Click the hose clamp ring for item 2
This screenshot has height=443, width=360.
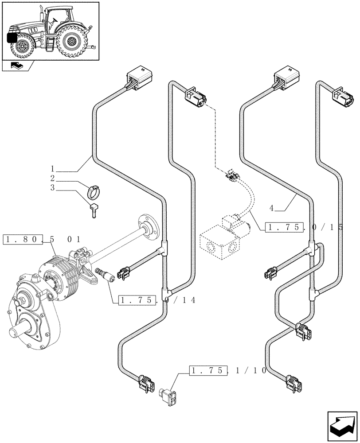click(94, 192)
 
